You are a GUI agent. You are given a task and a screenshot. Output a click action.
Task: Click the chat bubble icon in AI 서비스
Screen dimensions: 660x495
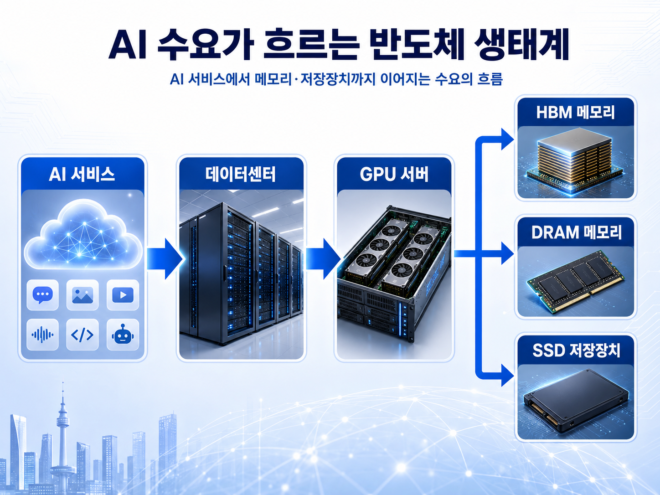43,295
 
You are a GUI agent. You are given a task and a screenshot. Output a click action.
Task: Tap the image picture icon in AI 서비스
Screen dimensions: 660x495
82,295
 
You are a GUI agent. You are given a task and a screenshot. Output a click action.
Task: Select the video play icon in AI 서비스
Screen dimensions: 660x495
123,295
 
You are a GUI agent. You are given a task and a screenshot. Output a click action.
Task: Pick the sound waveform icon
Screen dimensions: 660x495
42,335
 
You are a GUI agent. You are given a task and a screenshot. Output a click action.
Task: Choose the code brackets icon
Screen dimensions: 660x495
82,335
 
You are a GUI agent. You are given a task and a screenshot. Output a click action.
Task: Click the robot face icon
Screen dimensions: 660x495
123,334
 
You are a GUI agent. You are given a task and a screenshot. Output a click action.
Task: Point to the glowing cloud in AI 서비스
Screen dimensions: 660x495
83,234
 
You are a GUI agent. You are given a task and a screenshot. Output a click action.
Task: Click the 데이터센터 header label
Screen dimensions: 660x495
241,174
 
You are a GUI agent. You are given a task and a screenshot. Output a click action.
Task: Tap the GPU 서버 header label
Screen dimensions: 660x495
394,174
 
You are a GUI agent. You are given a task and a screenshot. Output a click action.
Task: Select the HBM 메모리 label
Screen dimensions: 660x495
576,112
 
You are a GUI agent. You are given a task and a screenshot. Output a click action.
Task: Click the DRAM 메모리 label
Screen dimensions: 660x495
577,232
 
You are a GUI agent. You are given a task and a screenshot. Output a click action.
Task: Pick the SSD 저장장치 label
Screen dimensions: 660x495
577,351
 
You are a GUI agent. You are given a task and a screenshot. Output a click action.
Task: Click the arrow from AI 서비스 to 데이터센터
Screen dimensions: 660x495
165,259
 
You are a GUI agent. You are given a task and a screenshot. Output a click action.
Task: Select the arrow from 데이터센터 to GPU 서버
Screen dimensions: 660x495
323,259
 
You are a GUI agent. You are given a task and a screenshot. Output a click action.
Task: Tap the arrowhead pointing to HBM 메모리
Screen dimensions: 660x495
508,139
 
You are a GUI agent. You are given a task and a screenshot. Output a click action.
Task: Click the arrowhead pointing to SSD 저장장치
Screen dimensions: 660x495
508,375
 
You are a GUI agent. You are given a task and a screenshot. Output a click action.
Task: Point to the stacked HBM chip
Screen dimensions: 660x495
574,159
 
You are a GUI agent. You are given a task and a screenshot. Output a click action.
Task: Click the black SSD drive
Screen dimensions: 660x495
576,401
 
